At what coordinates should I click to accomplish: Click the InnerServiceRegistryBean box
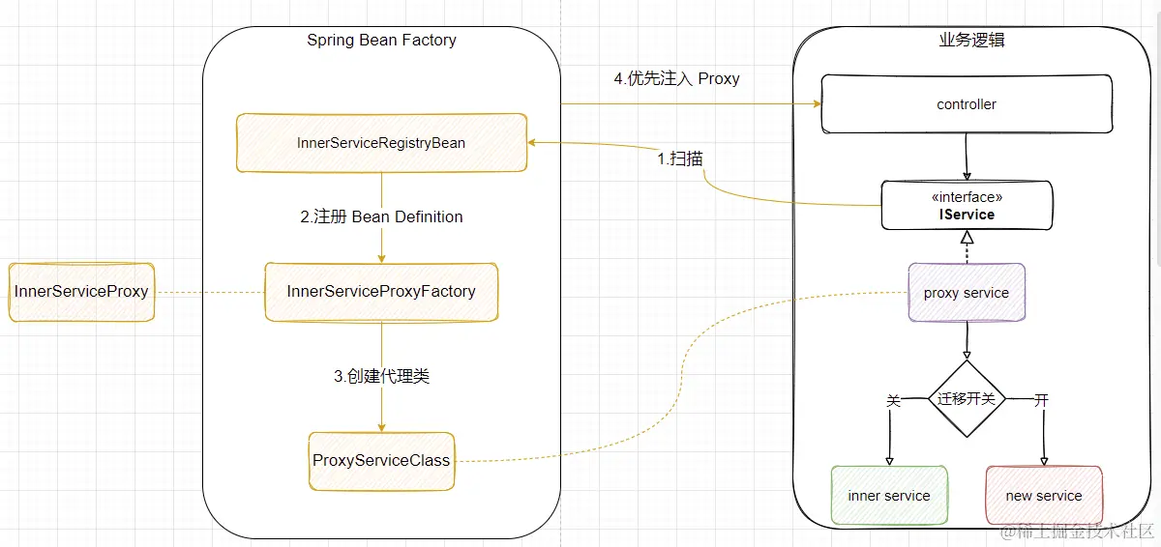[x=381, y=143]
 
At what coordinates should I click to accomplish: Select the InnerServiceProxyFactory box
[x=381, y=291]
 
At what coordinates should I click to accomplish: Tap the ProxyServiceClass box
[x=381, y=460]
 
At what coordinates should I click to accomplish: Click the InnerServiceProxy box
[x=81, y=291]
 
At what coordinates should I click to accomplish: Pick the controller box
[x=966, y=104]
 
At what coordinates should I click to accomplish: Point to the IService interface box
[x=966, y=206]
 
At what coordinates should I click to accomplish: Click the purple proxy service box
[x=966, y=293]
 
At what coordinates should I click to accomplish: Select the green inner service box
[x=888, y=496]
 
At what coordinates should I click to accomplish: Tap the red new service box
[x=1043, y=496]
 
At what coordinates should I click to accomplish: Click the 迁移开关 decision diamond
[x=967, y=398]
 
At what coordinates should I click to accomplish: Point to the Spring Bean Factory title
[x=381, y=41]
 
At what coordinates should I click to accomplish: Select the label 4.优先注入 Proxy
[x=676, y=79]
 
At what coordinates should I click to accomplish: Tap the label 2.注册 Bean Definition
[x=381, y=216]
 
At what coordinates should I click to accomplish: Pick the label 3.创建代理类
[x=381, y=377]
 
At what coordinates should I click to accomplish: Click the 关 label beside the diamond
[x=893, y=400]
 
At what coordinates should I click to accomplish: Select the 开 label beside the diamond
[x=1041, y=399]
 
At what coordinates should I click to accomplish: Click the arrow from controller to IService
[x=967, y=157]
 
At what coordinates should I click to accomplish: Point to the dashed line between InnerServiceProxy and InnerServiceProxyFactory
[x=209, y=292]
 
